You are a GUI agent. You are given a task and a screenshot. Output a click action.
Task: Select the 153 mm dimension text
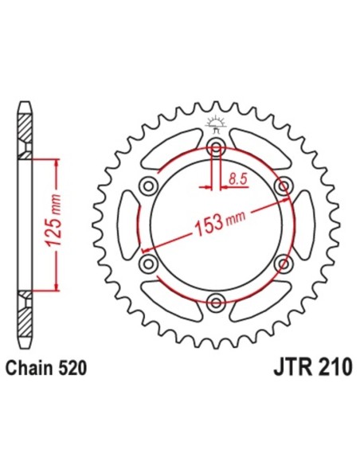tap(215, 224)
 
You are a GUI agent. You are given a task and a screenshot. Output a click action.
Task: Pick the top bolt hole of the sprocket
tap(215, 148)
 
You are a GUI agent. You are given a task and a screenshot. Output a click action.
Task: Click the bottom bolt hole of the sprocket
tap(215, 299)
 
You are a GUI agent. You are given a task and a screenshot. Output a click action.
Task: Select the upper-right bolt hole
tap(281, 186)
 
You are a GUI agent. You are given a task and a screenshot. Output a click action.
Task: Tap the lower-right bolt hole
tap(281, 262)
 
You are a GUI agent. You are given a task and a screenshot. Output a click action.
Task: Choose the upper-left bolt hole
tap(149, 186)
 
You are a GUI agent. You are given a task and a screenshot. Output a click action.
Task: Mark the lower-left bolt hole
tap(149, 262)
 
